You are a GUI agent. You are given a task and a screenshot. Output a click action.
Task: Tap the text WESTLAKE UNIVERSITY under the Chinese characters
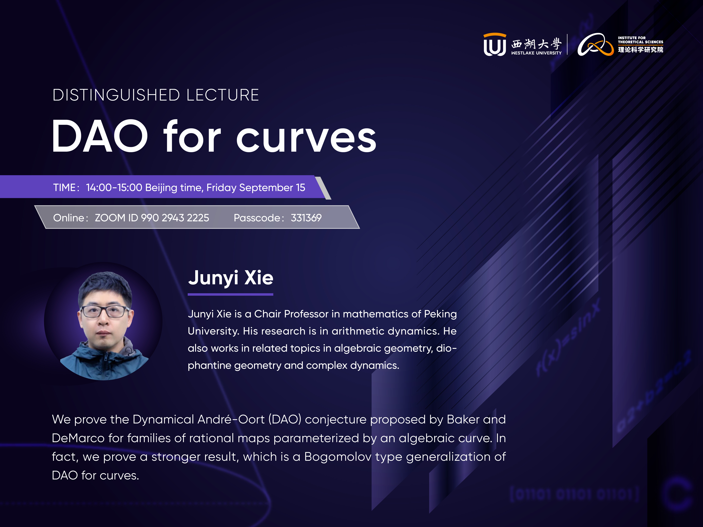(x=537, y=53)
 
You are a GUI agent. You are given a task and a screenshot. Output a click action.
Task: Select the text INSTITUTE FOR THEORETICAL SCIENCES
(x=640, y=40)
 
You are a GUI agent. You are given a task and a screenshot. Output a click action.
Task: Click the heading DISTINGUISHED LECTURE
(x=156, y=95)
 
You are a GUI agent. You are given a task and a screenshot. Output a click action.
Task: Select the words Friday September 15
(x=256, y=187)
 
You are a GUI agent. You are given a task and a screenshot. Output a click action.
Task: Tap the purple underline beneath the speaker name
(x=230, y=294)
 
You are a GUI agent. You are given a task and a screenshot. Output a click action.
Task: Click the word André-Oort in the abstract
(x=231, y=419)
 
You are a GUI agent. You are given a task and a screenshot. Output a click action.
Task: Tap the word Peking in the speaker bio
(x=441, y=314)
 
